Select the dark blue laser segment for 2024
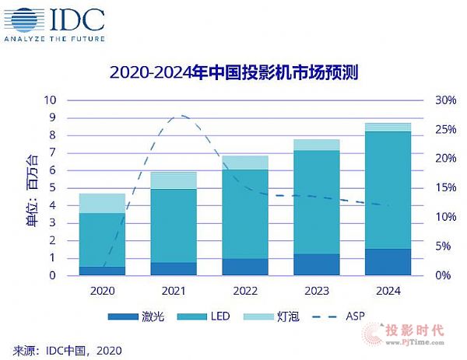click(388, 262)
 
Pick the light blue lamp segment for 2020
click(102, 203)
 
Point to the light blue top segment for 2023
click(317, 145)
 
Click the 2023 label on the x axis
click(317, 291)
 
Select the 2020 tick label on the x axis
click(102, 291)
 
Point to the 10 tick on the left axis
click(50, 100)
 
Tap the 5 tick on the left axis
click(53, 188)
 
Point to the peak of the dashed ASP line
click(181, 116)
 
